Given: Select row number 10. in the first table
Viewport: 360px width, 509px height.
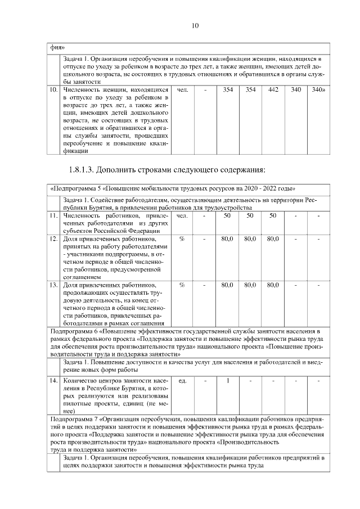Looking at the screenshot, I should (x=54, y=89).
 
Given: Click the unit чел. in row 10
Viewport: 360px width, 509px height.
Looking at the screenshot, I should (x=182, y=89).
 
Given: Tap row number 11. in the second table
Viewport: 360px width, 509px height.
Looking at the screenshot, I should (x=54, y=215).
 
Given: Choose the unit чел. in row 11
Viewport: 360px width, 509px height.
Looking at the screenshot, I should (x=182, y=215).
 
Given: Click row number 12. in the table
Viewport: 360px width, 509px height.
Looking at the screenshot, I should (x=54, y=239).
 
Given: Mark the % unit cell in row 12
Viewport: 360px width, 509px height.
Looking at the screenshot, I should (x=182, y=239).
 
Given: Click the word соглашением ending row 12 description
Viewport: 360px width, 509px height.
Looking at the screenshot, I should (x=84, y=277).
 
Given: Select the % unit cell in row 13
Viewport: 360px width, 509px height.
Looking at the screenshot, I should (x=182, y=285).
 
